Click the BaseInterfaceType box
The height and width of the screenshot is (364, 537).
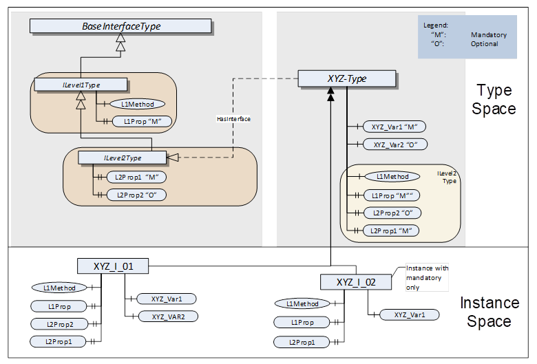[120, 26]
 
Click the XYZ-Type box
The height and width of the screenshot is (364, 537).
[347, 78]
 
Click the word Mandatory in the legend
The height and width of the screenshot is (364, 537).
[488, 34]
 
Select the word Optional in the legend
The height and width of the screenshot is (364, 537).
[485, 44]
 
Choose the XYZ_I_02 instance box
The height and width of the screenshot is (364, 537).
[356, 282]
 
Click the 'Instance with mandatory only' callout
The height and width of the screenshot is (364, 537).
[426, 277]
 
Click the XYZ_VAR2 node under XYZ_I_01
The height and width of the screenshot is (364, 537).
[168, 317]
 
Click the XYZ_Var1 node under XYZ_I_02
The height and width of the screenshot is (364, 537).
[409, 314]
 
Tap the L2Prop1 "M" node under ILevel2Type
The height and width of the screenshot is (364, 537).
[136, 177]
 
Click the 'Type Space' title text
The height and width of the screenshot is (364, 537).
[494, 99]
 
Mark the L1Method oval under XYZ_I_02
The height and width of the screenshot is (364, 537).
[302, 303]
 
